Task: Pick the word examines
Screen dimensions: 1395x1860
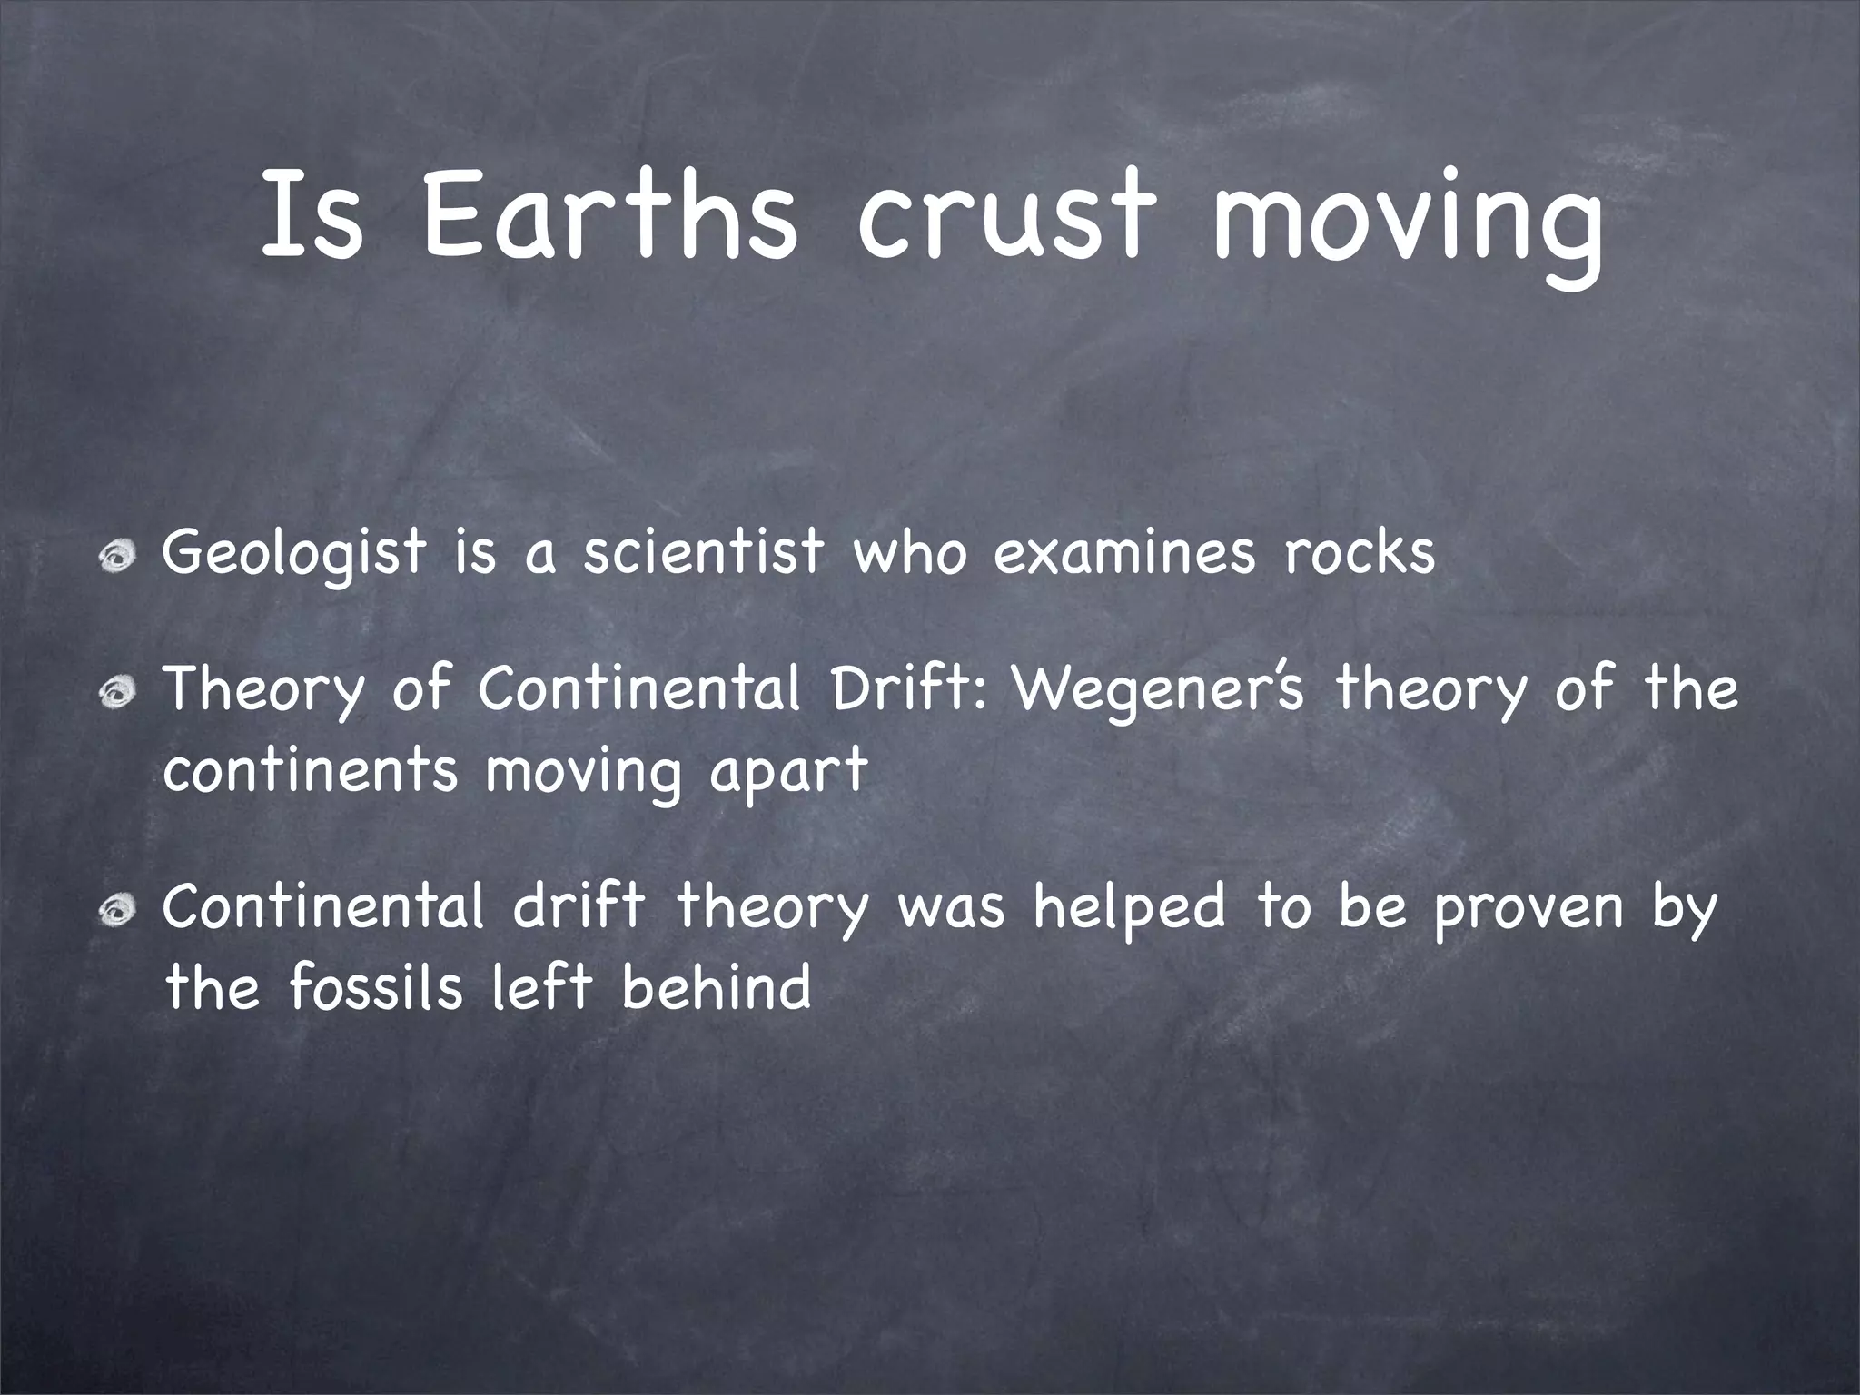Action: [1124, 552]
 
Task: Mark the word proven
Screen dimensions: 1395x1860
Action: [1528, 910]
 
